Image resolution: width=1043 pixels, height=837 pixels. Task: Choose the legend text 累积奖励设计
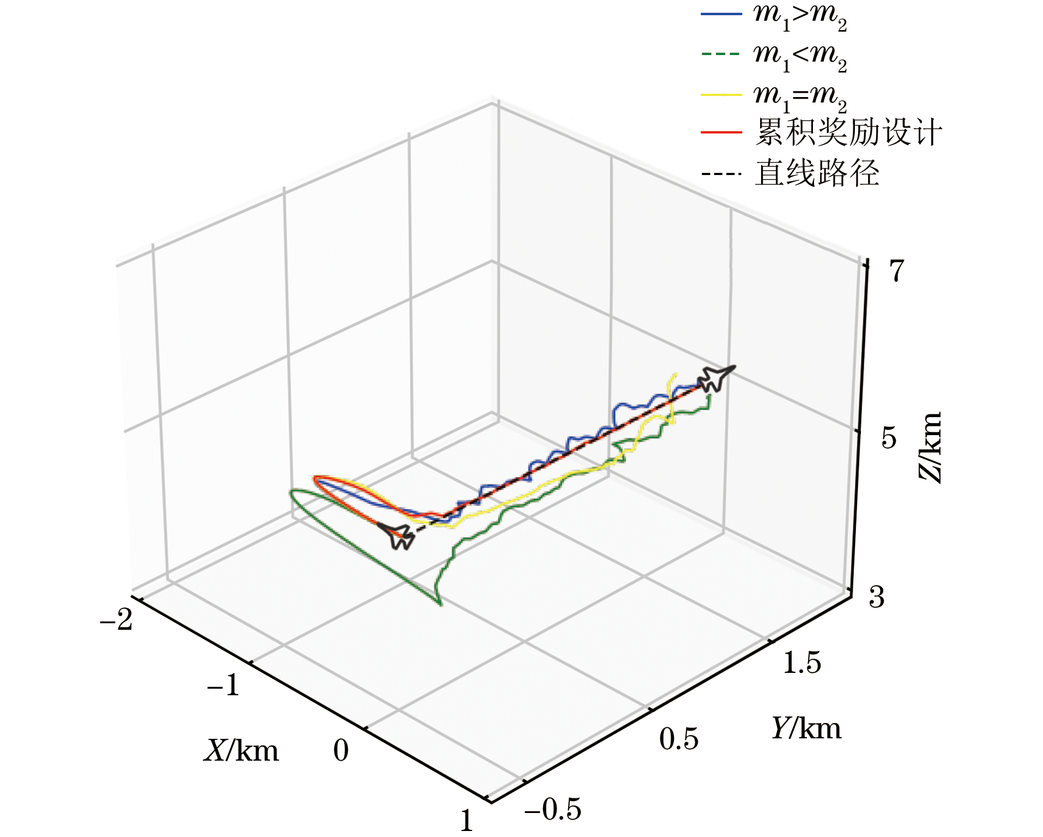[x=848, y=133]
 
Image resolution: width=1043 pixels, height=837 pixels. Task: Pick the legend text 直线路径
[x=817, y=173]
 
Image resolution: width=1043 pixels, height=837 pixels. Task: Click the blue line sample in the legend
[x=721, y=14]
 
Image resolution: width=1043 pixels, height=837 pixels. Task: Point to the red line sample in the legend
[x=721, y=133]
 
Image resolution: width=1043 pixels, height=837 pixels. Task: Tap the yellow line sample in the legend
[x=721, y=95]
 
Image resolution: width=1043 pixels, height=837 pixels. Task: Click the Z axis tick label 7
[x=896, y=270]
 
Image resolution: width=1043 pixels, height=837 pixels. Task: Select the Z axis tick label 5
[x=889, y=438]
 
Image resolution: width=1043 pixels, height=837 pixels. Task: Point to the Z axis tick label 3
[x=877, y=597]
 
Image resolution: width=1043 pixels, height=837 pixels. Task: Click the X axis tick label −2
[x=116, y=619]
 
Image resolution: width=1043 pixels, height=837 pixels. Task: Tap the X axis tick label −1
[x=224, y=685]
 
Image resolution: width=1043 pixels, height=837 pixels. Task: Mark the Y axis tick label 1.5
[x=802, y=663]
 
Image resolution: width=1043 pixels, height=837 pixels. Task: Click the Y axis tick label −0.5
[x=553, y=809]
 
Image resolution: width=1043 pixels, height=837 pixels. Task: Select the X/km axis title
[x=242, y=751]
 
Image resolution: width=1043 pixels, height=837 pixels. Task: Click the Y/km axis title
[x=806, y=728]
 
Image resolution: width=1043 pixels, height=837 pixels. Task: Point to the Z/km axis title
[x=930, y=447]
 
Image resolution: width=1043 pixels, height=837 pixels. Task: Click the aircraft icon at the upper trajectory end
[x=715, y=378]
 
